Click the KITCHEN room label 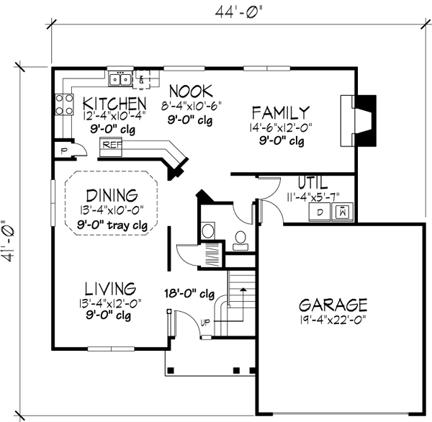click(115, 102)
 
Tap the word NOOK click(192, 91)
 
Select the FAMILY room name click(280, 112)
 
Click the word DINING click(112, 195)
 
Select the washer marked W click(343, 212)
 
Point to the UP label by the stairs click(206, 321)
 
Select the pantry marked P click(64, 151)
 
